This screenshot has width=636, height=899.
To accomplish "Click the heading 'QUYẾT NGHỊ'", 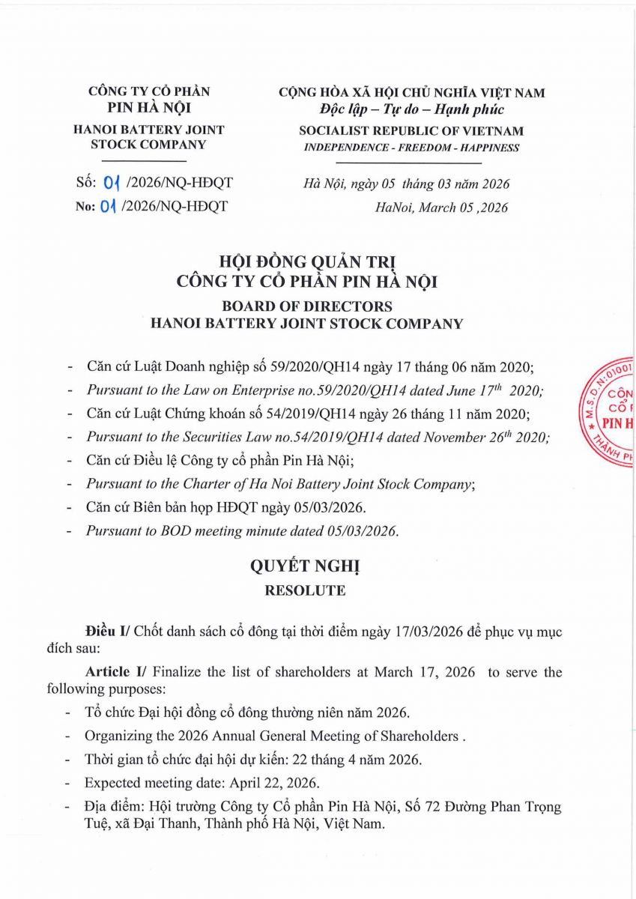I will click(x=305, y=566).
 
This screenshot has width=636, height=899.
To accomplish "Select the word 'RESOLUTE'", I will click(x=305, y=590).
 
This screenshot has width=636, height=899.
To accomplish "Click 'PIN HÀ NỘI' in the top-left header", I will click(x=148, y=106).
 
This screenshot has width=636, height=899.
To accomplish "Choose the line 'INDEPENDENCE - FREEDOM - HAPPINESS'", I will click(x=411, y=148).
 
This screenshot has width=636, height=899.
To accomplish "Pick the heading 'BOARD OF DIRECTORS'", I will click(x=306, y=306).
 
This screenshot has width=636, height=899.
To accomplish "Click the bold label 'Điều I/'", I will click(x=107, y=632).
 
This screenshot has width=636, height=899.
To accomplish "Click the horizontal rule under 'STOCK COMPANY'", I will click(x=148, y=162).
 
